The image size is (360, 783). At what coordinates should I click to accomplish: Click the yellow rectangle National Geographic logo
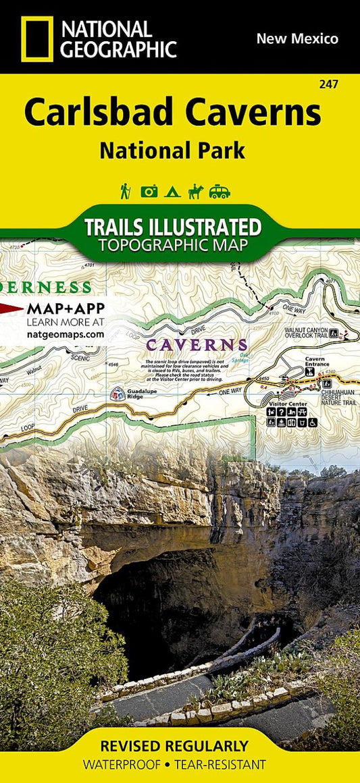point(36,39)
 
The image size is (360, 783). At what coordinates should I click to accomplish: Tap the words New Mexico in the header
point(297,38)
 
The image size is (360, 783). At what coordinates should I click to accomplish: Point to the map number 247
point(330,84)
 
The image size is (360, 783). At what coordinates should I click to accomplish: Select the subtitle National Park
point(172,150)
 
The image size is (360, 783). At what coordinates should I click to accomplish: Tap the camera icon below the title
point(149,192)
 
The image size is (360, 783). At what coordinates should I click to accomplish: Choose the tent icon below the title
point(172,192)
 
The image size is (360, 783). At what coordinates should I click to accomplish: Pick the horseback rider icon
point(195,192)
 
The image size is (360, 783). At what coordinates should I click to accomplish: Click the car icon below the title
point(220,192)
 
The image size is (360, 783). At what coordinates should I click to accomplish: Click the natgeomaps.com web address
point(66,333)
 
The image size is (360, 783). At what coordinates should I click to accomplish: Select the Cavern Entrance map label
point(315,362)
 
